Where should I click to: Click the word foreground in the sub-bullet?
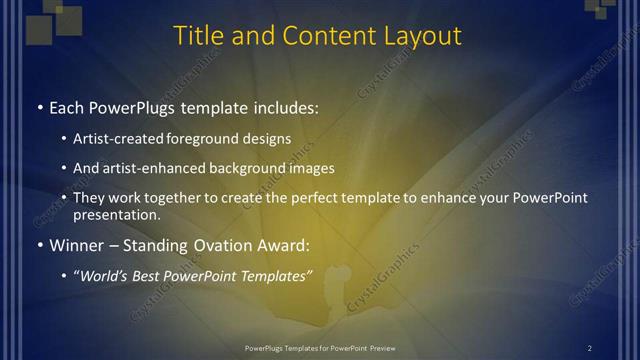tap(212, 139)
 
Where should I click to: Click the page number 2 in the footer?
tap(589, 347)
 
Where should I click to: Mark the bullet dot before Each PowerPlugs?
tap(38, 107)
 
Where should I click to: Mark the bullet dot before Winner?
tap(38, 245)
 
